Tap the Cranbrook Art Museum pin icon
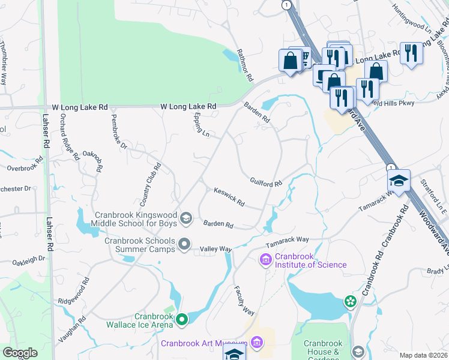258,343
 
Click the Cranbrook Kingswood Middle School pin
185,218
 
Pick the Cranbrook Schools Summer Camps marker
184,244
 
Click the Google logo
20,353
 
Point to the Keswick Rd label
229,196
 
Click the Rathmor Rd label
246,65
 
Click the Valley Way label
215,249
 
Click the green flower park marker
350,302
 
